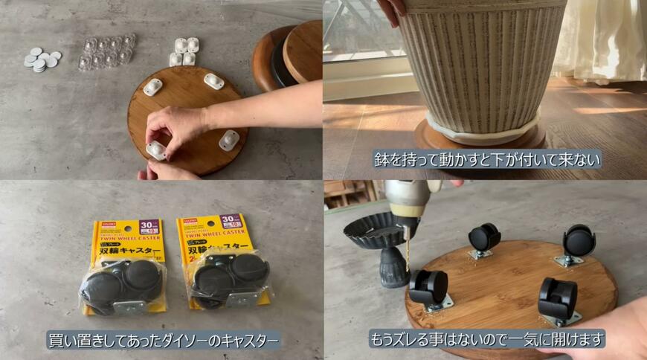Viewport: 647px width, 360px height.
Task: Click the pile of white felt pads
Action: pyautogui.click(x=42, y=60)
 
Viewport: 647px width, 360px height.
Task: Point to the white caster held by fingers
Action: pyautogui.click(x=156, y=150)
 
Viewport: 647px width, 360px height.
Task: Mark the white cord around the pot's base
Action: pyautogui.click(x=483, y=131)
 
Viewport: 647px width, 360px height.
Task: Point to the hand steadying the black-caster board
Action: pyautogui.click(x=617, y=327)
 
